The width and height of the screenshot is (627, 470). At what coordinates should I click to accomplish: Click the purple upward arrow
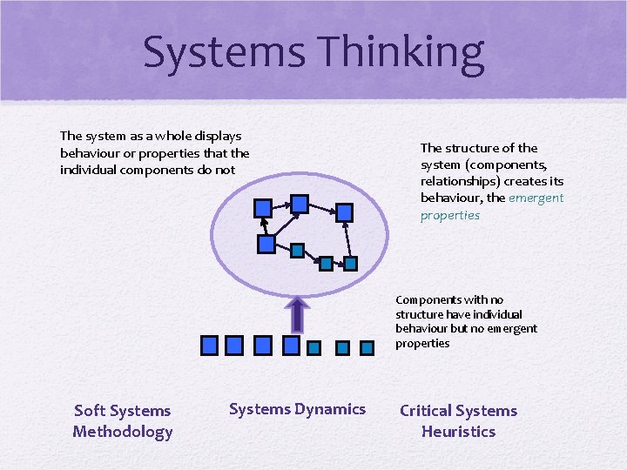tap(297, 314)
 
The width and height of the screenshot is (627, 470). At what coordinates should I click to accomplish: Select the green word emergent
tap(536, 198)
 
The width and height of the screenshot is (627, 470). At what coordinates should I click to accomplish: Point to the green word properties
tap(450, 215)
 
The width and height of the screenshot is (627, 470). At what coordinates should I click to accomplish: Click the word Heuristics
tap(458, 432)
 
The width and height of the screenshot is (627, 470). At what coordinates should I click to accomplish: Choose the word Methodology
tap(123, 432)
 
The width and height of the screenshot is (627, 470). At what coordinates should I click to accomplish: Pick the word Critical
tap(426, 411)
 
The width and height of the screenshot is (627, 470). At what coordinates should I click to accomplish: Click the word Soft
tap(91, 411)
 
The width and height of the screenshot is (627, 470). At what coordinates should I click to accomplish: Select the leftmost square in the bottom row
tap(209, 346)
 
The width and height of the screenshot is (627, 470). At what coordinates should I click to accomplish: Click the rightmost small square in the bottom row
tap(370, 347)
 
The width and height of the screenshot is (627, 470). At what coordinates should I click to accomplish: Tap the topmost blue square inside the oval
tap(299, 204)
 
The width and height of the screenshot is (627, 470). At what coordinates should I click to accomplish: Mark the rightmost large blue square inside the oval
tap(344, 211)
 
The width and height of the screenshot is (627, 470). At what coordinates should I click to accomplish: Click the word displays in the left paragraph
tap(219, 136)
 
